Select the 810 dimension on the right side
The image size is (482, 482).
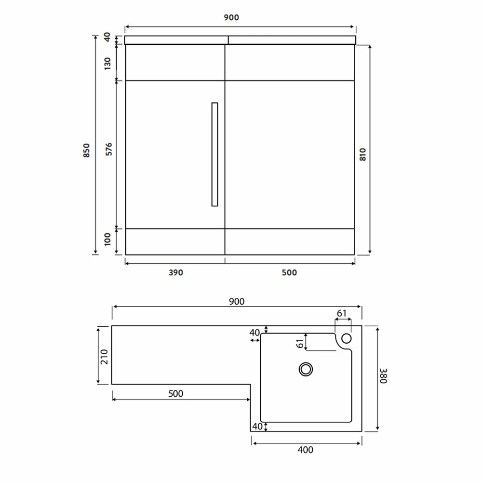tap(363, 154)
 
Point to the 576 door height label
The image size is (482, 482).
tap(108, 149)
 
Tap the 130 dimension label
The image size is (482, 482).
tap(107, 63)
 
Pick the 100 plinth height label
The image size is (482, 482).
tap(107, 238)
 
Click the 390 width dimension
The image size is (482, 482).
tap(176, 272)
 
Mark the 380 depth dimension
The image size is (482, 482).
tap(383, 376)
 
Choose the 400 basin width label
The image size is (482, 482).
tap(306, 450)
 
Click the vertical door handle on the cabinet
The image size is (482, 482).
tap(214, 154)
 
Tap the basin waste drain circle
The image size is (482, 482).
tap(306, 369)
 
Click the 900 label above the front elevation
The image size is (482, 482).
tap(231, 18)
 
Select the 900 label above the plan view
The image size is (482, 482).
tap(237, 302)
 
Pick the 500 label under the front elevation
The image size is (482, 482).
tap(289, 272)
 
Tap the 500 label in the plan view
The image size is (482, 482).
tap(176, 394)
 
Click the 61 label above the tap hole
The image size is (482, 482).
tap(342, 313)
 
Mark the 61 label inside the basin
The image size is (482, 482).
tap(299, 343)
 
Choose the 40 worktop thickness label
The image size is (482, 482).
tap(107, 37)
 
